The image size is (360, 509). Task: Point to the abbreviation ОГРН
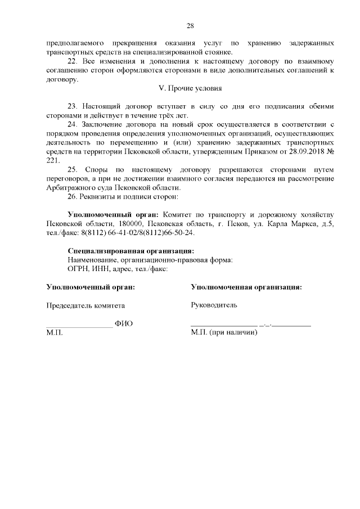[x=78, y=269]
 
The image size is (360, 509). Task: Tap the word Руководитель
[x=214, y=305]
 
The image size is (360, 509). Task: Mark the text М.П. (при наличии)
[x=224, y=333]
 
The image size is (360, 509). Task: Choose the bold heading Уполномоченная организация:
[x=246, y=287]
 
